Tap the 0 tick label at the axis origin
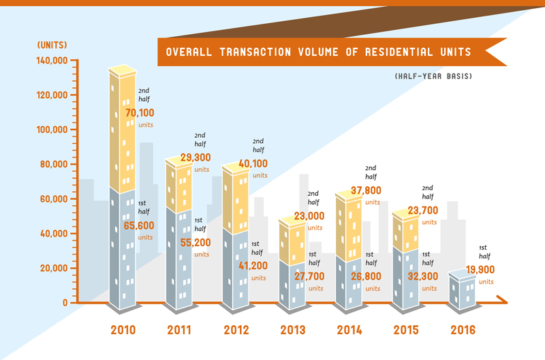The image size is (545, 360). (x=65, y=303)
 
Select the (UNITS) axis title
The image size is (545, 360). (x=52, y=45)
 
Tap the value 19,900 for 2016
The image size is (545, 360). (x=480, y=269)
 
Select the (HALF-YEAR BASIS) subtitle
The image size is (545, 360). (x=433, y=76)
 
